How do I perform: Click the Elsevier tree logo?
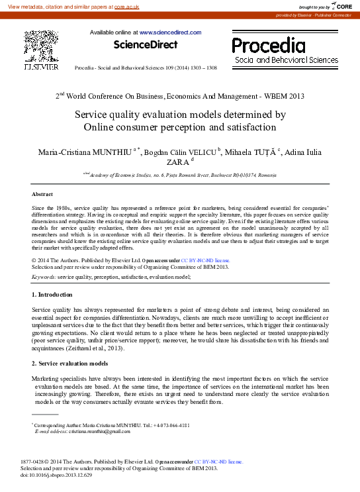pos(41,47)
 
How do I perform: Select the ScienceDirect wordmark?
pos(146,45)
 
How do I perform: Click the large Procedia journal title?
pos(268,46)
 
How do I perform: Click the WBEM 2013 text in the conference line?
pos(284,96)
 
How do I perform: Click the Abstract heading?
pos(43,194)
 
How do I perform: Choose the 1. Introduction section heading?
pos(57,293)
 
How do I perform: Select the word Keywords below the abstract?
pos(44,276)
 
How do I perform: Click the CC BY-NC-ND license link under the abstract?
pos(205,261)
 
